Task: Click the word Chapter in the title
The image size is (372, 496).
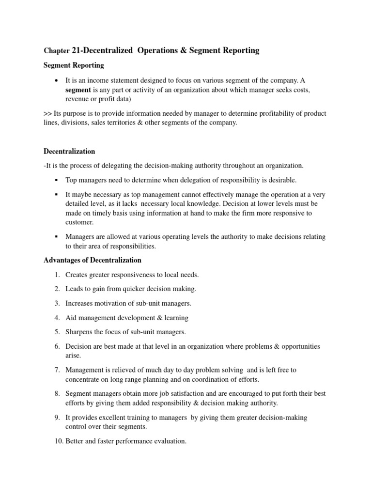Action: tap(56, 51)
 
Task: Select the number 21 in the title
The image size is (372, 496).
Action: tap(77, 50)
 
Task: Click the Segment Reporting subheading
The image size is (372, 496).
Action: tap(74, 65)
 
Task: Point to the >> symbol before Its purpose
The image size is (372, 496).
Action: tap(47, 113)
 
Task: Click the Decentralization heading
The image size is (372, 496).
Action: tap(69, 151)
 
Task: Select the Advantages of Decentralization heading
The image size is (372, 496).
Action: tap(93, 260)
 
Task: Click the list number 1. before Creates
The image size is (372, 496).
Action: tap(57, 275)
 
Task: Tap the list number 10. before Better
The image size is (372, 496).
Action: tap(55, 441)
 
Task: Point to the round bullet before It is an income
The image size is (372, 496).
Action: tap(57, 80)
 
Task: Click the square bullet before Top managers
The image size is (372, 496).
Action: tap(57, 180)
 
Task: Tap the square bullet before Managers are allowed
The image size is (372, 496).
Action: tap(57, 236)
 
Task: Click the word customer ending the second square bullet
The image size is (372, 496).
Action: tap(79, 222)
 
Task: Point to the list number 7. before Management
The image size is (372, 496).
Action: tap(57, 370)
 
